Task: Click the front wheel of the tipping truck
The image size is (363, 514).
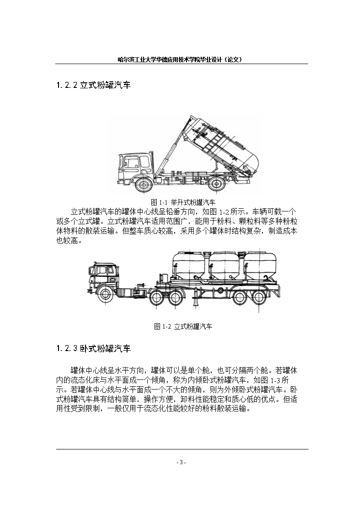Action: tap(144, 184)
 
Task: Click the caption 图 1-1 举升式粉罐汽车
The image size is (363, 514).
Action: tap(183, 202)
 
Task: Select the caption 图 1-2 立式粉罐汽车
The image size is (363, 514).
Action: tap(183, 326)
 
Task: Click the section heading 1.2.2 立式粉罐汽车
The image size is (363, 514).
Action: tap(93, 85)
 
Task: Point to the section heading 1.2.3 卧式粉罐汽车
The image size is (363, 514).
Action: tap(93, 348)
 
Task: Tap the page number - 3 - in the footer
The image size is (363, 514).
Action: tap(181, 462)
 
